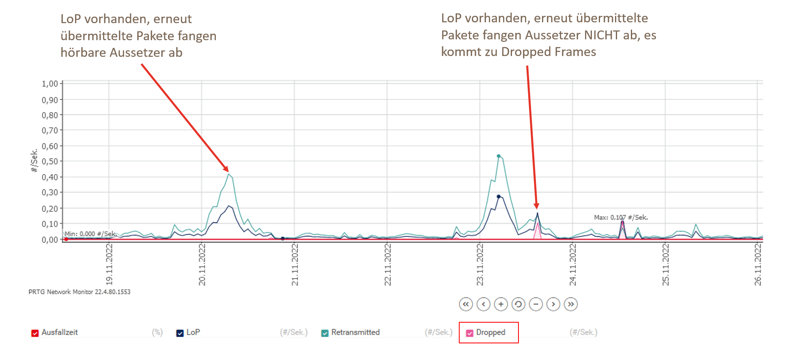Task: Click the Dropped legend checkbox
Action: point(470,333)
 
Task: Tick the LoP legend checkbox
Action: point(180,333)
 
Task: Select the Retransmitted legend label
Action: point(355,332)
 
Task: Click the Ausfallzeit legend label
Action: point(60,332)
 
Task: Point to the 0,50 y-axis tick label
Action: point(50,162)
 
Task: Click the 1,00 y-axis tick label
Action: point(50,84)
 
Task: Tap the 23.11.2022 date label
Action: point(480,264)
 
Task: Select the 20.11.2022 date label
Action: point(202,264)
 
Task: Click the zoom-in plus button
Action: point(501,304)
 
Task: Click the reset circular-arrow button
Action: point(518,304)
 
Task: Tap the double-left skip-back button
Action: point(466,304)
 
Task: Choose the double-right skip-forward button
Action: point(571,304)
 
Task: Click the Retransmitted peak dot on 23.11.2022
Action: point(499,156)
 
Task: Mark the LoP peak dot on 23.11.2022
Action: point(499,197)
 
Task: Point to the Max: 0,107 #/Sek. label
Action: point(621,218)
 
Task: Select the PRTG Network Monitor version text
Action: point(80,292)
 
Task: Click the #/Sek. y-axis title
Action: point(34,161)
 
